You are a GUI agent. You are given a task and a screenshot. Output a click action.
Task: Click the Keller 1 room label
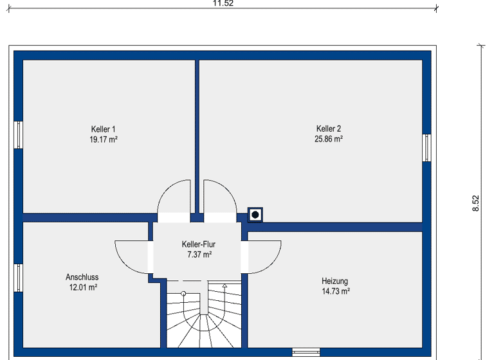[x=103, y=129]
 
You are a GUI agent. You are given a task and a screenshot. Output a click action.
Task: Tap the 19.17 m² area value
[x=103, y=139]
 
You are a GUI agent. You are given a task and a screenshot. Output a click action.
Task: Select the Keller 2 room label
[x=329, y=129]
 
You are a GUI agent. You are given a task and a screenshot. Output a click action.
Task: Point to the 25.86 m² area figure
[x=329, y=139]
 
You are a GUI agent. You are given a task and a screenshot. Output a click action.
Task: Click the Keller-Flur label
[x=199, y=245]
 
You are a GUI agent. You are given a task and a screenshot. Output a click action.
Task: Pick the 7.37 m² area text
[x=199, y=255]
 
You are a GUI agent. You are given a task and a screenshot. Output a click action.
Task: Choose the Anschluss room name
[x=82, y=277]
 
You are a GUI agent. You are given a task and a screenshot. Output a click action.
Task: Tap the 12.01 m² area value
[x=83, y=287]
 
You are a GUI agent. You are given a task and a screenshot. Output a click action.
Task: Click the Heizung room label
[x=334, y=281]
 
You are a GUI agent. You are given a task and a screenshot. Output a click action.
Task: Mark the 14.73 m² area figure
[x=335, y=291]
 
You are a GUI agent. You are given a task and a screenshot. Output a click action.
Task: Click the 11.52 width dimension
[x=223, y=3]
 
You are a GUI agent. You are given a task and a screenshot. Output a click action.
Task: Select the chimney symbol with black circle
[x=255, y=214]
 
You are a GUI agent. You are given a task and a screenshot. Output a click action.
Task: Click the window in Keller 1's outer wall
[x=19, y=134]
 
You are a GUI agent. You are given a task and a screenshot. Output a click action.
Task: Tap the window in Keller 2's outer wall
[x=426, y=148]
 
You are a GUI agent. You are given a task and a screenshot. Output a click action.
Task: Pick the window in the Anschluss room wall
[x=19, y=277]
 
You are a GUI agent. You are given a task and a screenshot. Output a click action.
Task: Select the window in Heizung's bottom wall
[x=306, y=352]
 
